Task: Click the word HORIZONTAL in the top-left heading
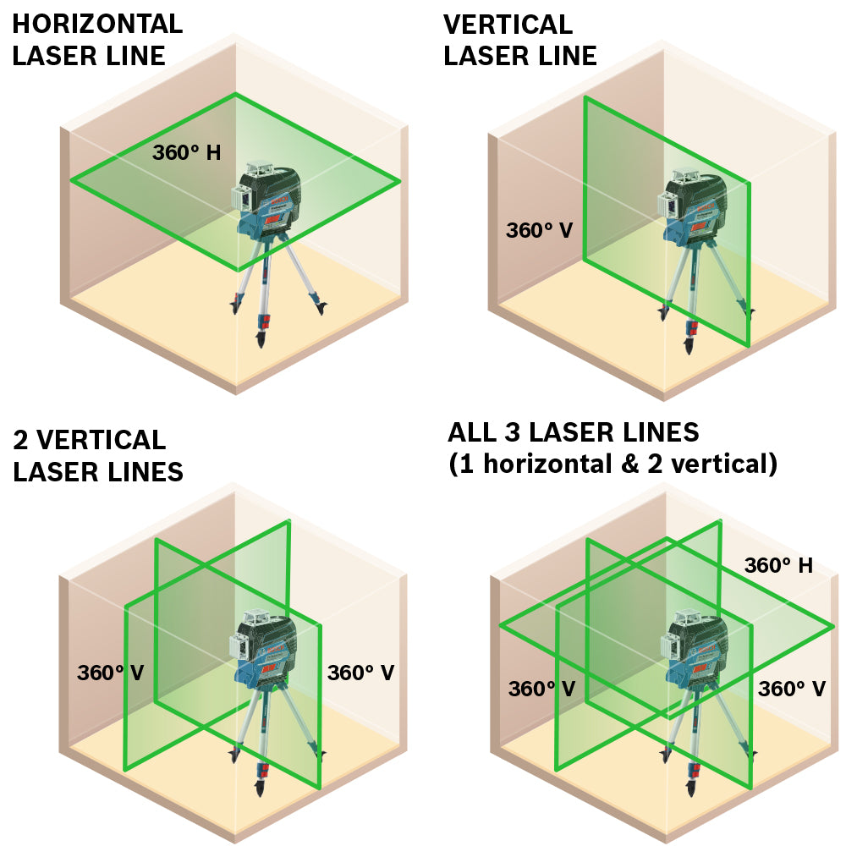pyautogui.click(x=97, y=24)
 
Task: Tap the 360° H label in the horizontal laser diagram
pyautogui.click(x=186, y=153)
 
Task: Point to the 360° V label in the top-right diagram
pyautogui.click(x=540, y=230)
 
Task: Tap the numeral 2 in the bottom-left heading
pyautogui.click(x=21, y=440)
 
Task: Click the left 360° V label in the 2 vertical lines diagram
pyautogui.click(x=110, y=673)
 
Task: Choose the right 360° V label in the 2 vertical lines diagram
pyautogui.click(x=360, y=673)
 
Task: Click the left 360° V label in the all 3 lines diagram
pyautogui.click(x=541, y=689)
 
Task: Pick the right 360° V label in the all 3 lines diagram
pyautogui.click(x=791, y=689)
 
